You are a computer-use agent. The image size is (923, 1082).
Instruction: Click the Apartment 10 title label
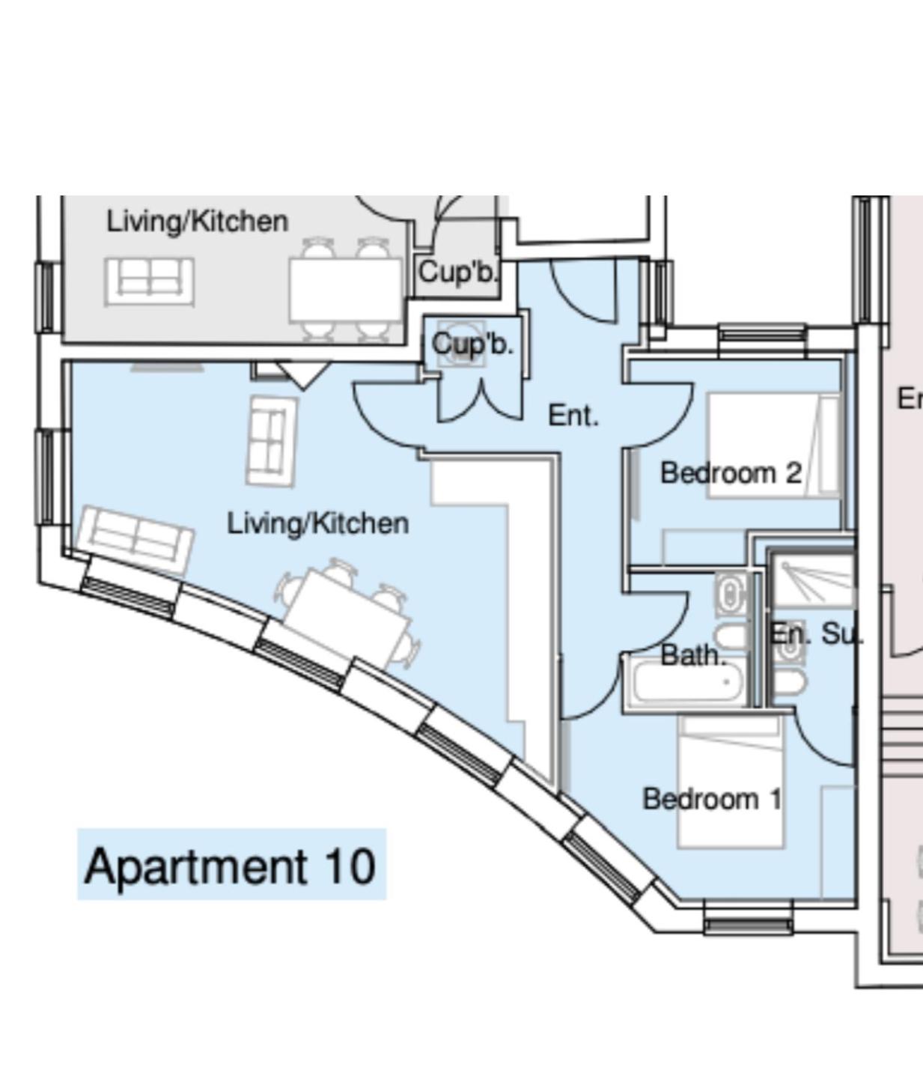231,866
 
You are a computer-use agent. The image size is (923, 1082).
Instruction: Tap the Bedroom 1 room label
712,799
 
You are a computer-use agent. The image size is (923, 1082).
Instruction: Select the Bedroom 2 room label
731,473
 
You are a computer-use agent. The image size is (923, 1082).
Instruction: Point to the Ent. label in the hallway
573,416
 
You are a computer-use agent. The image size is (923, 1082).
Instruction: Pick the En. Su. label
815,634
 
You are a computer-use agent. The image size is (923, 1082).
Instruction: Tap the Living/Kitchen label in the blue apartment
318,523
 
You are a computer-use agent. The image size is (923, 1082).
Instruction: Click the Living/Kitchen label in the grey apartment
198,222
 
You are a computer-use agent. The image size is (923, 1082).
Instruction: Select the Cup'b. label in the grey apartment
457,273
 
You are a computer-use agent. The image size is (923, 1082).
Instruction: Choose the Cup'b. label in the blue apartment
472,344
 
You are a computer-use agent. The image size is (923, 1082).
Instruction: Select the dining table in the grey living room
346,291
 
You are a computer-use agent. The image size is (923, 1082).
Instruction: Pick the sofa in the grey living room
149,281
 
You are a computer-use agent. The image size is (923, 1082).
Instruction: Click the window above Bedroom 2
762,333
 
